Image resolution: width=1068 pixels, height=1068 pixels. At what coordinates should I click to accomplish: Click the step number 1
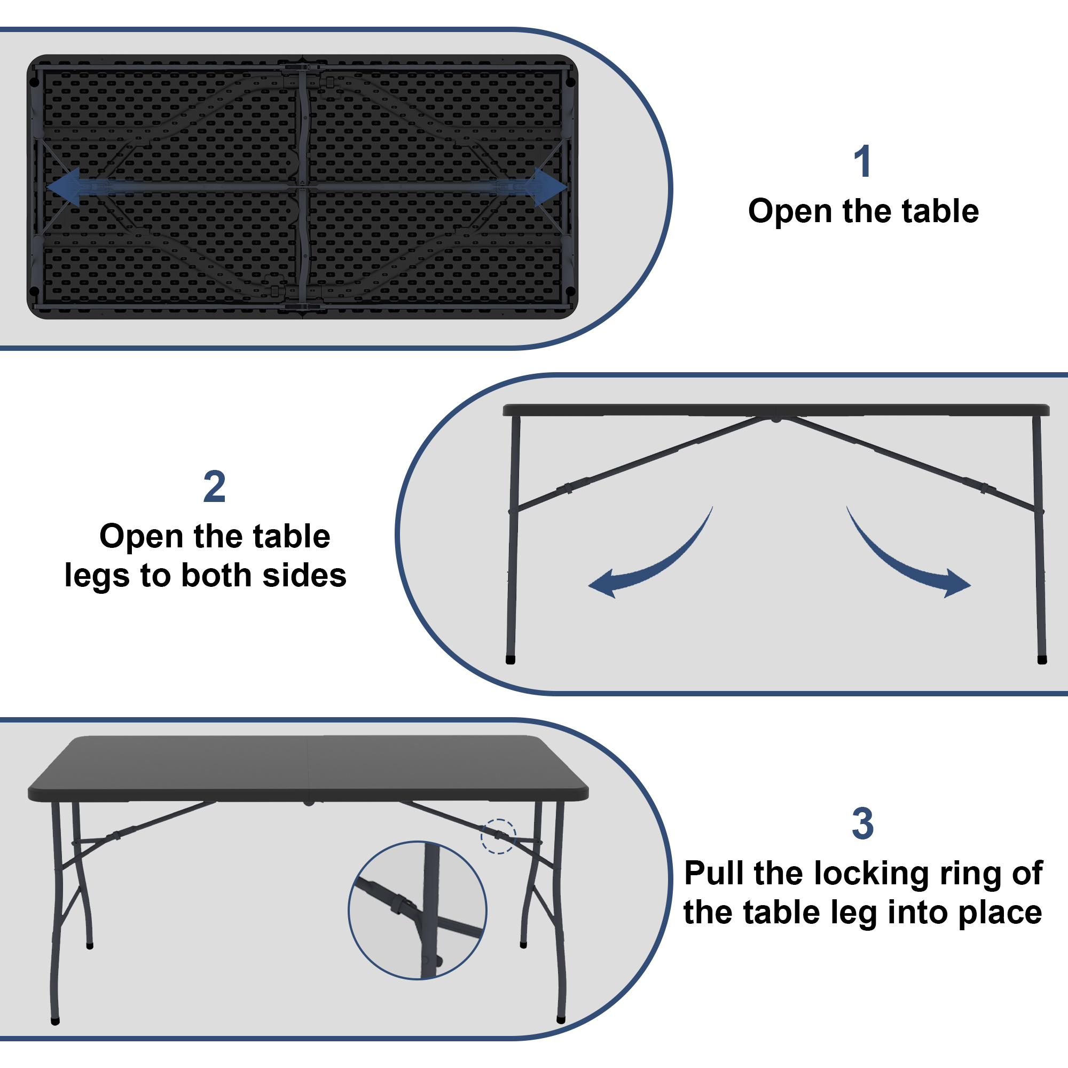[862, 161]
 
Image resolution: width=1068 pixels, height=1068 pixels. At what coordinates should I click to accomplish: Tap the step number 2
[215, 486]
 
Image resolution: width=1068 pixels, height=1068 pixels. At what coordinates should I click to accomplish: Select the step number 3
[862, 823]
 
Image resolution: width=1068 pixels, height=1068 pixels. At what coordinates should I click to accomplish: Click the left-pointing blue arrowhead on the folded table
[63, 187]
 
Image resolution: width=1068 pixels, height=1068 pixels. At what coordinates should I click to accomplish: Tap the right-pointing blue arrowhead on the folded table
[551, 187]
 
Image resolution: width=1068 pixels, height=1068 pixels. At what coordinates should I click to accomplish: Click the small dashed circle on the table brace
[498, 836]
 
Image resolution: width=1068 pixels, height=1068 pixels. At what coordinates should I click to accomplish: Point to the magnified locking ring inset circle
[418, 910]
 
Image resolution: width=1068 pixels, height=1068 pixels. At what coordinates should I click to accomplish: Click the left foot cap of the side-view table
[510, 660]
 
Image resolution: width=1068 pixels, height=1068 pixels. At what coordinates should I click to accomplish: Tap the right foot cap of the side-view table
[1042, 660]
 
